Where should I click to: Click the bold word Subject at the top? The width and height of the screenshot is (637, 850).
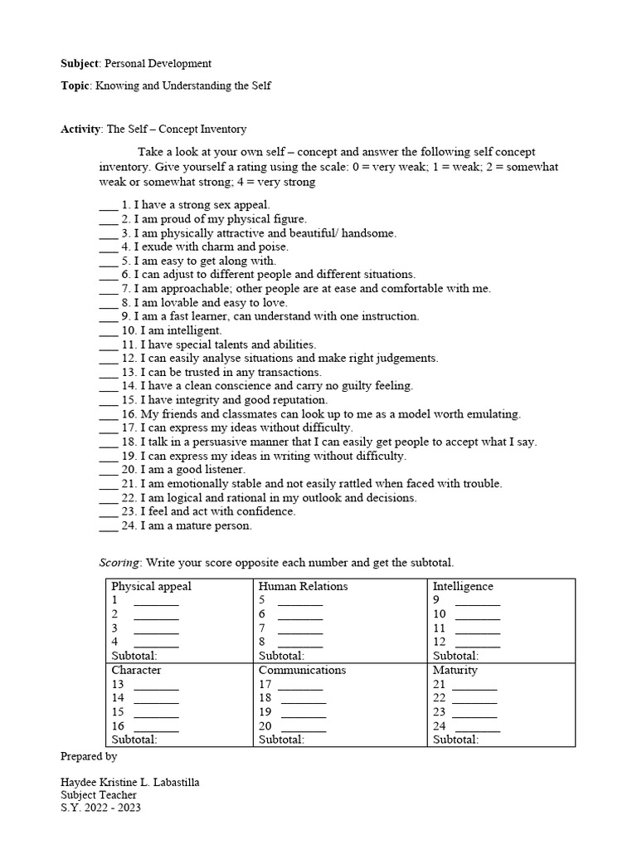click(80, 63)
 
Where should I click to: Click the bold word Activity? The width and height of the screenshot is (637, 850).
click(80, 129)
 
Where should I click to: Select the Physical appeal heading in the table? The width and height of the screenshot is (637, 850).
click(151, 586)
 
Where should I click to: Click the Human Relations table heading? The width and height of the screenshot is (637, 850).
click(303, 586)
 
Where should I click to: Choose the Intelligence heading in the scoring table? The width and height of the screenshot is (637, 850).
click(463, 586)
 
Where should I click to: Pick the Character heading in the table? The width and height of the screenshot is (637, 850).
click(136, 670)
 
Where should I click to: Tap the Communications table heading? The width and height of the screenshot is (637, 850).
click(302, 670)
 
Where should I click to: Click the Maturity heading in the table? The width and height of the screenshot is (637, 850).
click(455, 670)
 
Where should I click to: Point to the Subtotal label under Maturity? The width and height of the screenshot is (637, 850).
click(455, 739)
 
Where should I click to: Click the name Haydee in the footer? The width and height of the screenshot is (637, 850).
click(80, 782)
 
